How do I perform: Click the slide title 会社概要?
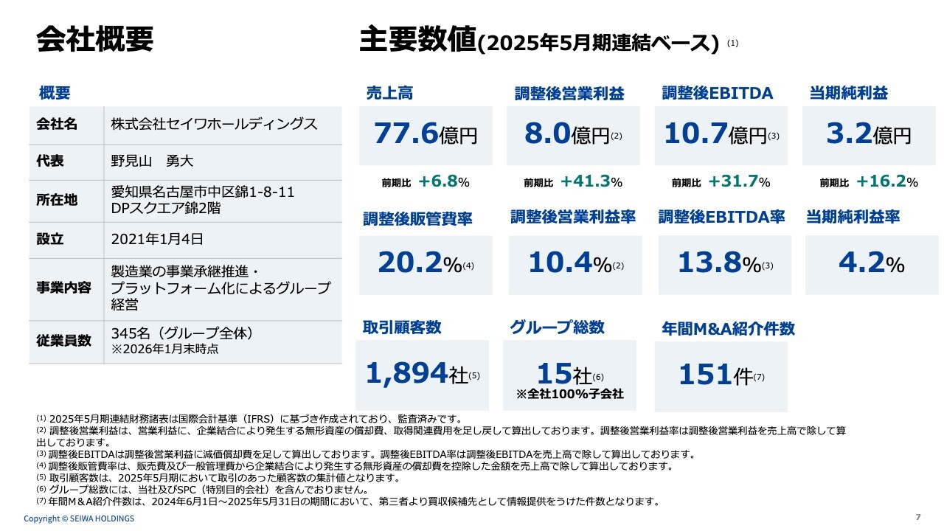[94, 39]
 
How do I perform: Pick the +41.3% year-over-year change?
[591, 182]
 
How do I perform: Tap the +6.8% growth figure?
[444, 182]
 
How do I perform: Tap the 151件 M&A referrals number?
[716, 375]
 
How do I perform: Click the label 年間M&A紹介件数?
[728, 329]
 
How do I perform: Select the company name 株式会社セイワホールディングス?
[214, 124]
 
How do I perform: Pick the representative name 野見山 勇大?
[152, 161]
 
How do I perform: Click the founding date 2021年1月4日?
[157, 239]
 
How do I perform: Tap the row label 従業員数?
[63, 341]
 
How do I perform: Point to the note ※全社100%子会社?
[570, 395]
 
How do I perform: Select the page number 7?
[917, 516]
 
